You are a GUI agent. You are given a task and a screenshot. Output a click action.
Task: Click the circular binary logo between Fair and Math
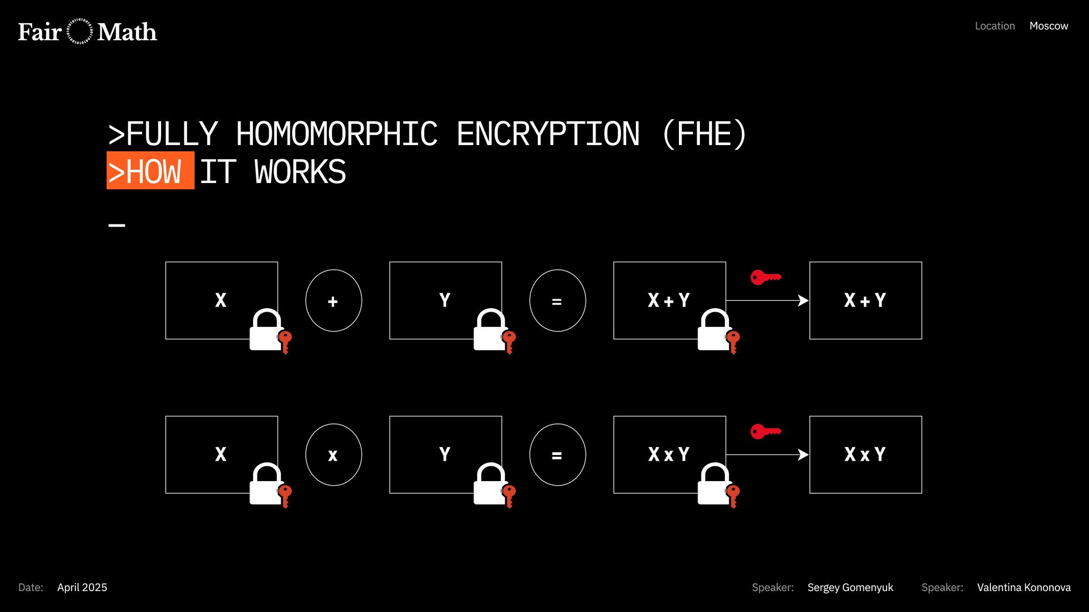[x=79, y=32]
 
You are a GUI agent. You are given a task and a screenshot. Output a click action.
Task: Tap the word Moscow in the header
[x=1048, y=26]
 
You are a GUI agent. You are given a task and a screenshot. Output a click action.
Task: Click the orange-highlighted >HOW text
[x=150, y=171]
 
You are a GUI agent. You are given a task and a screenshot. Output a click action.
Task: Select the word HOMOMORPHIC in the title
[x=336, y=134]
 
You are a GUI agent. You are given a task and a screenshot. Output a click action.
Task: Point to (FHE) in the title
[x=704, y=134]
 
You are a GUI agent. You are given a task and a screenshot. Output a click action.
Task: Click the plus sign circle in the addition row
[x=333, y=301]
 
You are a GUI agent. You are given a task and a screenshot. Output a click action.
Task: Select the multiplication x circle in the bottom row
[x=333, y=455]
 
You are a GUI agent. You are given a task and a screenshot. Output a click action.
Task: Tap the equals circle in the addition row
[x=557, y=301]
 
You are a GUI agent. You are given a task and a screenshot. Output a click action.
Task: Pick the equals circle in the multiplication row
[x=557, y=455]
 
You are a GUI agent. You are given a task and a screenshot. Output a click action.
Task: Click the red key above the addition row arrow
[x=765, y=277]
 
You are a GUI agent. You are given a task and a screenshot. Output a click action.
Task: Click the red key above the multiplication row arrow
[x=765, y=431]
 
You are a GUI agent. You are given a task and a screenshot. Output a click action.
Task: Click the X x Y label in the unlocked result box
[x=864, y=454]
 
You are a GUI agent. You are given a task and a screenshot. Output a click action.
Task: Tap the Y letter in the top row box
[x=445, y=300]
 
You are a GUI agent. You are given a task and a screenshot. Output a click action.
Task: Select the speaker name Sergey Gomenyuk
[x=850, y=588]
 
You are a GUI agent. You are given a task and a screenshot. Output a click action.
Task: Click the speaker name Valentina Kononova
[x=1023, y=588]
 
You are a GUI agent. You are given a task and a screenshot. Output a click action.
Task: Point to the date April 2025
[x=82, y=588]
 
